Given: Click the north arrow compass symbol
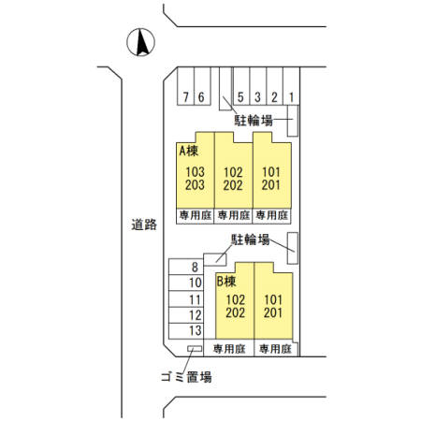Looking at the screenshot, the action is coord(140,42).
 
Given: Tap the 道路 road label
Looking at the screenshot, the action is coord(144,225).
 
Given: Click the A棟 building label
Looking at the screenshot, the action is coord(189,151).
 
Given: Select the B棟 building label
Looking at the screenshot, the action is coord(226,282).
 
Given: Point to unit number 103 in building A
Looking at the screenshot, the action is coord(196,172).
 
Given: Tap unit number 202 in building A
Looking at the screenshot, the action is coord(233,185).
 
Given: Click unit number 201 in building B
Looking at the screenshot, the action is coord(273,312).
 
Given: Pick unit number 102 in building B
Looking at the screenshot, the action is coord(236,299).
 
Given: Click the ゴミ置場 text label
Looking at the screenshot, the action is coord(187,377).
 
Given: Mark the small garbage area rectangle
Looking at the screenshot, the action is coord(195,349).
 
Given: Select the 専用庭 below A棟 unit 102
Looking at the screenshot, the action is coord(234,215).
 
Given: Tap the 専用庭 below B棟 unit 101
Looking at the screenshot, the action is coord(275,349).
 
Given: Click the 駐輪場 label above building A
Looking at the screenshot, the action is coord(254,121).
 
